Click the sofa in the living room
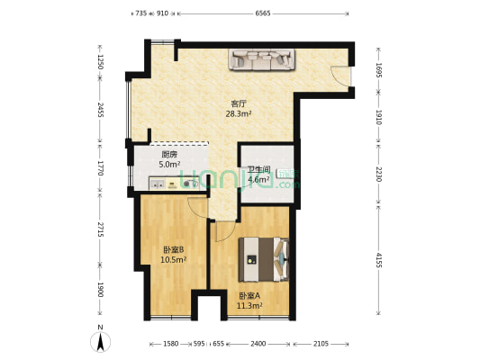(x=262, y=59)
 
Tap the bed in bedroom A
(x=264, y=259)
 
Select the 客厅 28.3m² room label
(x=239, y=109)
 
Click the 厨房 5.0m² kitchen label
(x=169, y=159)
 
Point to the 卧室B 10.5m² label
(x=174, y=255)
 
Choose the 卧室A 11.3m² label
(x=249, y=301)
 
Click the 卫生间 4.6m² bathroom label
(x=258, y=174)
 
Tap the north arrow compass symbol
(x=100, y=339)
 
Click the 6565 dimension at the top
(x=263, y=13)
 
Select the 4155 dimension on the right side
(x=379, y=260)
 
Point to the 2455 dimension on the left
(x=100, y=110)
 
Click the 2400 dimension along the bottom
(x=258, y=344)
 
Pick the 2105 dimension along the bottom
(x=321, y=344)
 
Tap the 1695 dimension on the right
(x=379, y=70)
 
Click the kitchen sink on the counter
(x=157, y=184)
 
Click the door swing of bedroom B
(x=198, y=208)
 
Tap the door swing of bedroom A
(x=225, y=231)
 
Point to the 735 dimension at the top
(x=141, y=13)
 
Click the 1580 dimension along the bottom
(x=170, y=344)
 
